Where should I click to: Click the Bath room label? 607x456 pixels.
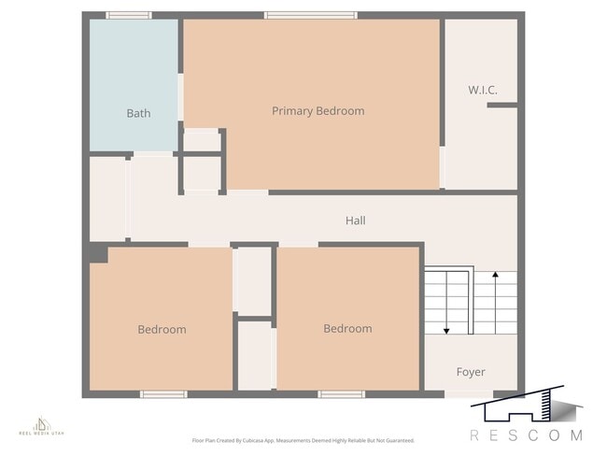pyautogui.click(x=138, y=113)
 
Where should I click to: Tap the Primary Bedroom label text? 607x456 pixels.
pyautogui.click(x=318, y=110)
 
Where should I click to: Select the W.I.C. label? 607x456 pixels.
pyautogui.click(x=482, y=90)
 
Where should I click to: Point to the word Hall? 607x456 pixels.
pyautogui.click(x=355, y=221)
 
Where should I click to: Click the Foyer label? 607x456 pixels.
pyautogui.click(x=471, y=372)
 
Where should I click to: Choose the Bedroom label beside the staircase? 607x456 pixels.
pyautogui.click(x=347, y=328)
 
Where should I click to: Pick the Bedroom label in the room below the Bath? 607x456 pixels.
pyautogui.click(x=162, y=329)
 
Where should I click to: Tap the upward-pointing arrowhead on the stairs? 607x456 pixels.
pyautogui.click(x=495, y=275)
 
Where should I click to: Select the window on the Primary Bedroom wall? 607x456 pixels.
pyautogui.click(x=310, y=15)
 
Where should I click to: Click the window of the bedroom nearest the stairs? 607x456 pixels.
pyautogui.click(x=341, y=394)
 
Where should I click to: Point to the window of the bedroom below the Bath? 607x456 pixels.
pyautogui.click(x=163, y=394)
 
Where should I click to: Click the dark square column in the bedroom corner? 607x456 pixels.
pyautogui.click(x=99, y=252)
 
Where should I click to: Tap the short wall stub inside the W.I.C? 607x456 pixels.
pyautogui.click(x=501, y=106)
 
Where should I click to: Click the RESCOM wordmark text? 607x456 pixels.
pyautogui.click(x=526, y=435)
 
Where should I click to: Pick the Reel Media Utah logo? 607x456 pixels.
pyautogui.click(x=42, y=426)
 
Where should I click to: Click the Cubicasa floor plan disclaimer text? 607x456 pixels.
pyautogui.click(x=303, y=440)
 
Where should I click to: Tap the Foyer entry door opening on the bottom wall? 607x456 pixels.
pyautogui.click(x=467, y=394)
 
